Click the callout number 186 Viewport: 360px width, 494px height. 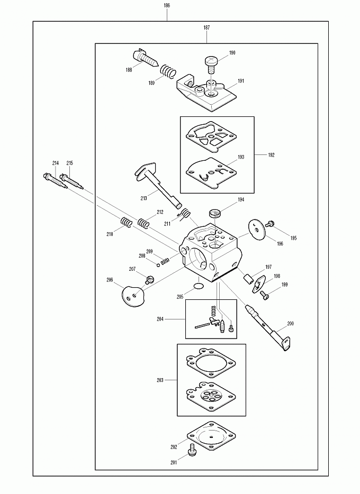coord(167,5)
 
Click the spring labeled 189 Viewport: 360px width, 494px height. coord(169,70)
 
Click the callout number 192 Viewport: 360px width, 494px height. coord(271,155)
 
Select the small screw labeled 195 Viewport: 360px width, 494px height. coord(268,225)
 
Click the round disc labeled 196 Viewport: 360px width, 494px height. coord(257,231)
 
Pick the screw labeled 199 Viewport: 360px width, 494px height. coord(265,296)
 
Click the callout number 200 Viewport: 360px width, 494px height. coord(290,324)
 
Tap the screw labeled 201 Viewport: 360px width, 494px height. coord(192,451)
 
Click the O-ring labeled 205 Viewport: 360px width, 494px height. coord(199,287)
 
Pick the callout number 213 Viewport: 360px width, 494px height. coord(143,198)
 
